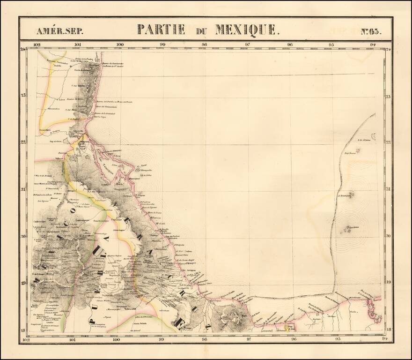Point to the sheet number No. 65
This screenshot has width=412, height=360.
(371, 31)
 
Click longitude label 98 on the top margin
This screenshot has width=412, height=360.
(205, 45)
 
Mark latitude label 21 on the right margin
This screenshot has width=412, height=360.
(388, 189)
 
